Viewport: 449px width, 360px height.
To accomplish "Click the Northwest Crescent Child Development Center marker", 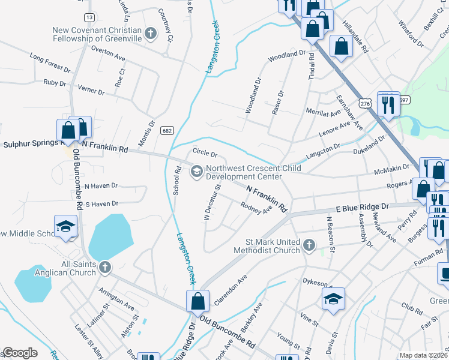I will coord(196,172).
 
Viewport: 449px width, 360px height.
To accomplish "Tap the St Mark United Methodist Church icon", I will coord(309,245).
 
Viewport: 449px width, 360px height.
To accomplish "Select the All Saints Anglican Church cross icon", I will coord(104,267).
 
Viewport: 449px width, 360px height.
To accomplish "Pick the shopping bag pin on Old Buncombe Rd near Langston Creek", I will coord(197,301).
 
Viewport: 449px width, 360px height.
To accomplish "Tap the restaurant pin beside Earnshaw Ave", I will coord(388,104).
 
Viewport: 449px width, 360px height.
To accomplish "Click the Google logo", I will coord(20,353).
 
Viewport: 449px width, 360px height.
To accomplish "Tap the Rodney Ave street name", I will coord(256,211).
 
